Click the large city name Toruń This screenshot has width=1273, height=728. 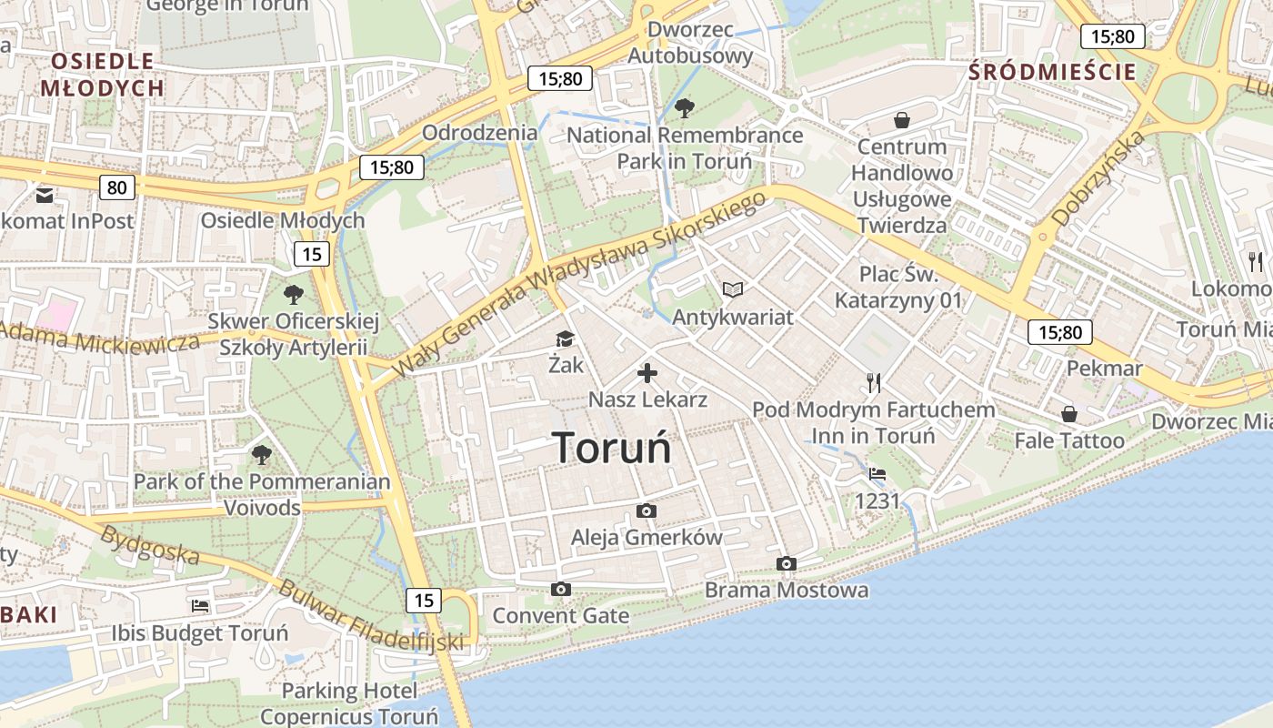point(612,447)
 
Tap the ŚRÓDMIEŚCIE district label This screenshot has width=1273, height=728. point(1053,72)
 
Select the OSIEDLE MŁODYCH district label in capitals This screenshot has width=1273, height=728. point(102,75)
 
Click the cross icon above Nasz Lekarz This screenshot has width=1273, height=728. point(647,373)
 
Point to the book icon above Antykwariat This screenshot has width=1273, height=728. point(733,289)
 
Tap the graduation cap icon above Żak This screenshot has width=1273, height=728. point(566,339)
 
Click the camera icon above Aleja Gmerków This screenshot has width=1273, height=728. point(647,511)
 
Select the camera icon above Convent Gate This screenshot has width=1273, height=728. point(561,589)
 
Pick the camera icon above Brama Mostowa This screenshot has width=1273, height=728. point(787,563)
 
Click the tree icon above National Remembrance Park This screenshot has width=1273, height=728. point(685,108)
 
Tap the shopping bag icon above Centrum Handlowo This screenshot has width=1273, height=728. point(902,120)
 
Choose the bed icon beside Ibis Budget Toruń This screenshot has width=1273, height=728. point(200,605)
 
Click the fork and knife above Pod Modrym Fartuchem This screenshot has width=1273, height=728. point(874,382)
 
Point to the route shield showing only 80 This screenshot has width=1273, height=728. point(117,188)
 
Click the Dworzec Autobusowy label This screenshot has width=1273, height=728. point(691,43)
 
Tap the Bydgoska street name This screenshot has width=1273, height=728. point(151,542)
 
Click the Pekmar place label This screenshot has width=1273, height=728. point(1104,369)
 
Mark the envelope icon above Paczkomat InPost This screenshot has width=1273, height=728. point(44,195)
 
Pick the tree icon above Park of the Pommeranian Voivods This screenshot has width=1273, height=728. point(262,454)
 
